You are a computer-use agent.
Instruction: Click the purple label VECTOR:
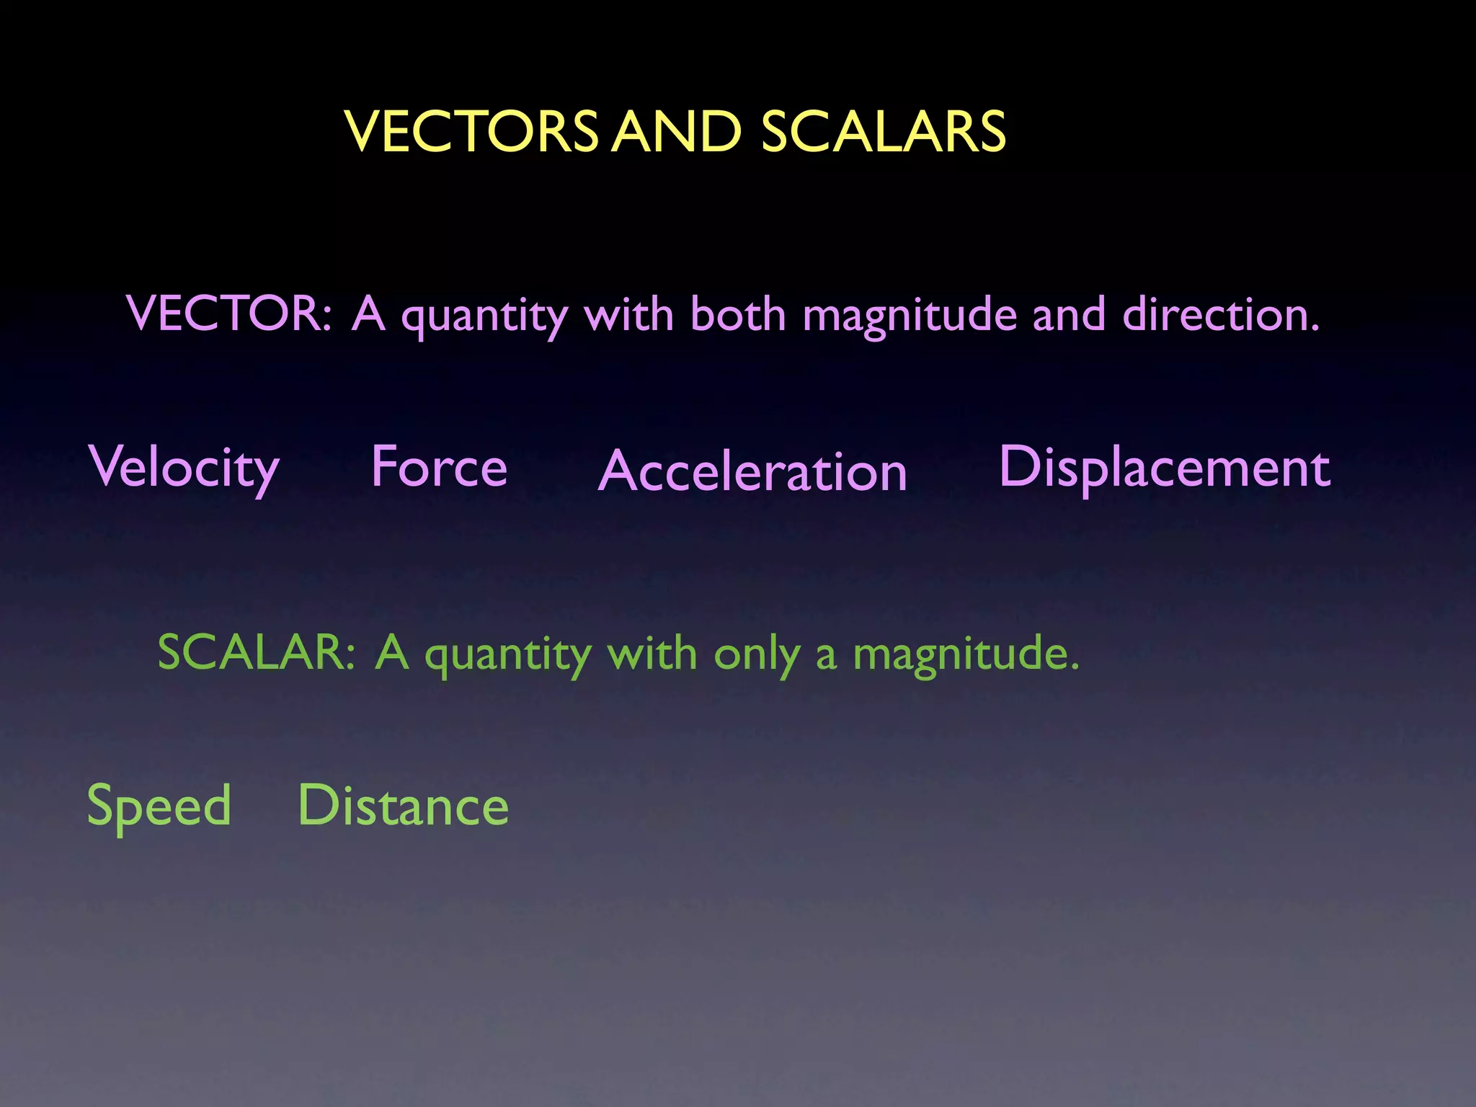(x=229, y=314)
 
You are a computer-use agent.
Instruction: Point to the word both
(x=737, y=314)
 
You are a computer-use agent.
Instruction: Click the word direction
(x=1221, y=314)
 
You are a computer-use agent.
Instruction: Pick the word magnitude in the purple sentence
(x=910, y=317)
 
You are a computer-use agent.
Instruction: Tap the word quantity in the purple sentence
(x=484, y=317)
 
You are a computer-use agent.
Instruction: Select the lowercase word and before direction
(x=1069, y=314)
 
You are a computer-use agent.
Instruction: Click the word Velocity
(x=184, y=468)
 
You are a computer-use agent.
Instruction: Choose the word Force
(x=439, y=466)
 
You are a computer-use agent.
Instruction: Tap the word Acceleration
(x=752, y=471)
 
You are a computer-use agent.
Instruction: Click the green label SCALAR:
(x=257, y=652)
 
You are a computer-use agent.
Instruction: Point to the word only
(x=757, y=655)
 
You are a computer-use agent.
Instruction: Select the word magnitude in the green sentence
(x=966, y=654)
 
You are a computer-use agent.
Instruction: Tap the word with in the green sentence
(x=652, y=653)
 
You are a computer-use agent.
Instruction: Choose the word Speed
(x=159, y=806)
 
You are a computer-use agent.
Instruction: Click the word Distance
(x=404, y=805)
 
